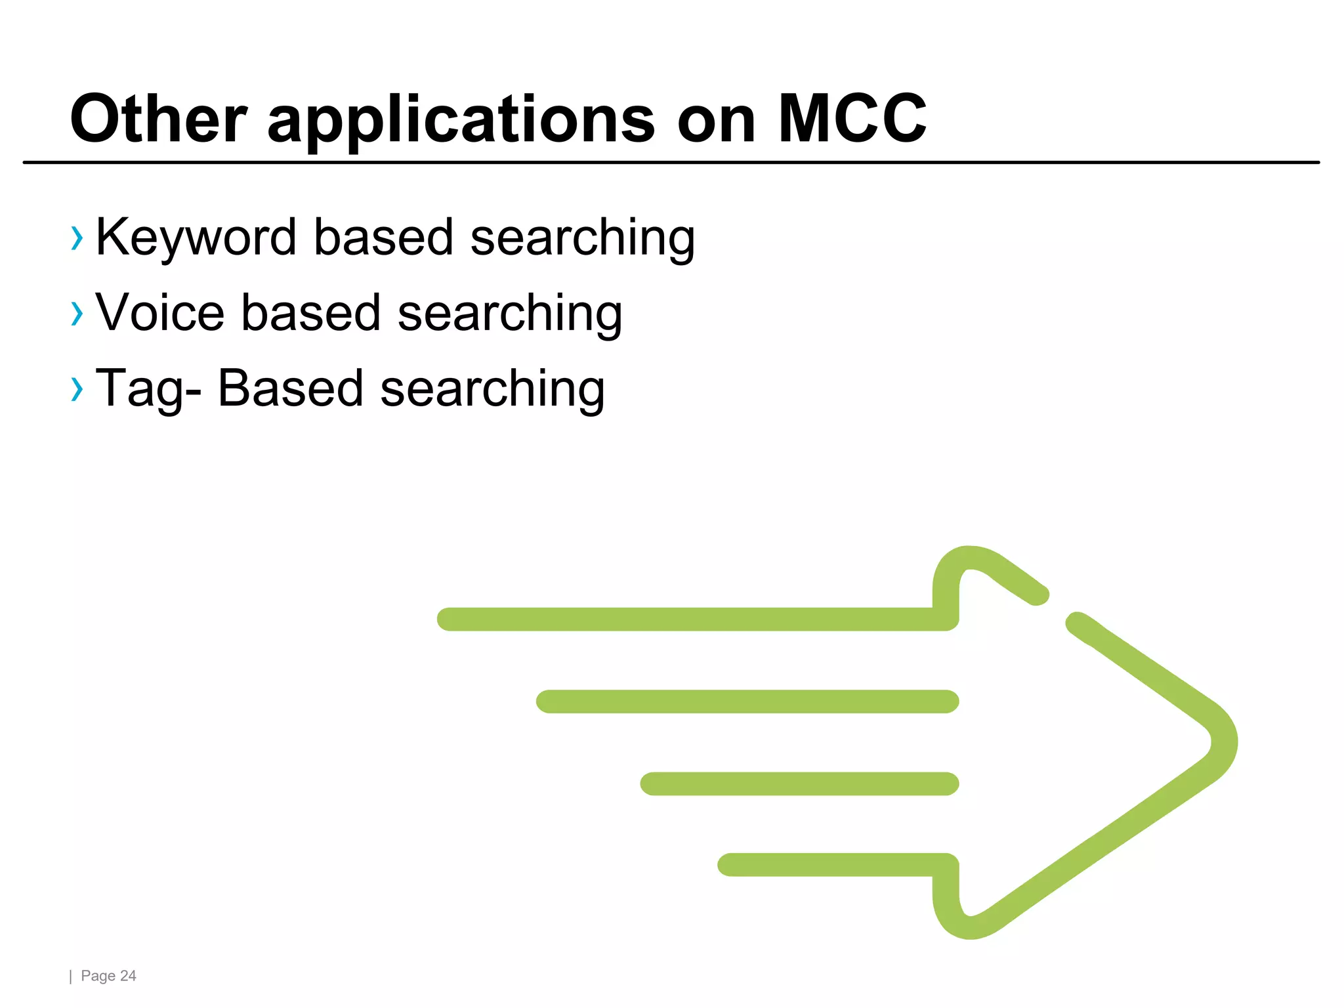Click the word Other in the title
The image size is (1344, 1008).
[158, 119]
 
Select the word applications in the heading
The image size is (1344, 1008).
[461, 120]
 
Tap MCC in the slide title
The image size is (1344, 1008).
[851, 119]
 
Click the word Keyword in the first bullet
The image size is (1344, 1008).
[196, 238]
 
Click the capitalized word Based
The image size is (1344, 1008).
[290, 388]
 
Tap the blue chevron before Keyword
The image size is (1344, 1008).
[77, 238]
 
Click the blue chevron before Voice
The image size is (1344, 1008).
[77, 314]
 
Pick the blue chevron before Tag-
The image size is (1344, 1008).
[77, 389]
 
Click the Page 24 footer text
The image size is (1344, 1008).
[108, 976]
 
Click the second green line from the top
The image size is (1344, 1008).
[747, 702]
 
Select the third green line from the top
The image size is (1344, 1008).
[799, 784]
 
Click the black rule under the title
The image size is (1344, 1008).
[671, 162]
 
